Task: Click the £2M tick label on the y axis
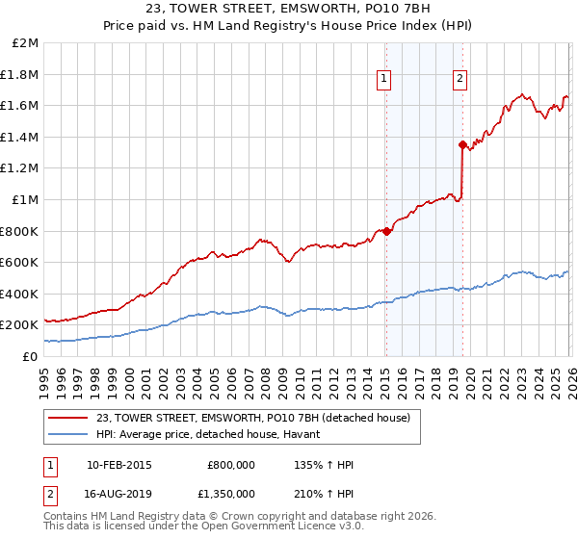click(x=26, y=43)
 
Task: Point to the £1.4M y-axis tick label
click(x=21, y=137)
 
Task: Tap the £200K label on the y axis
click(x=19, y=325)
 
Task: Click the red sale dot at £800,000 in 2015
click(x=386, y=231)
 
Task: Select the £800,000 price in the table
click(x=230, y=465)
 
